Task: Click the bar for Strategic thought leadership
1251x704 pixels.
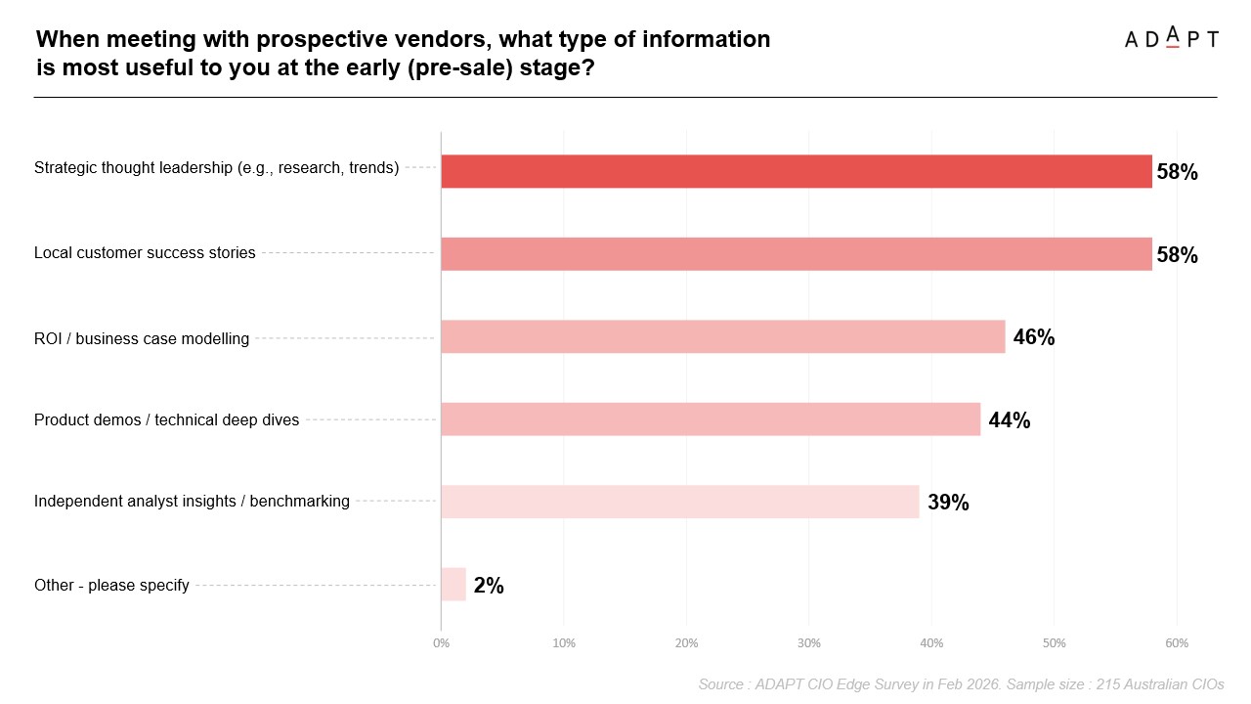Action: [796, 171]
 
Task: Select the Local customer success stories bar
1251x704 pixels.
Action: [796, 254]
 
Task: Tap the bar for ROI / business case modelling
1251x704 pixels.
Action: [722, 336]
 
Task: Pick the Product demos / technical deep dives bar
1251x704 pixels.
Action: [711, 419]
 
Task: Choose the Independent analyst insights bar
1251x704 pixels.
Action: [679, 502]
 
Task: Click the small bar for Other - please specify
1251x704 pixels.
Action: [453, 585]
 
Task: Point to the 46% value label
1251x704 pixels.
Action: [1034, 337]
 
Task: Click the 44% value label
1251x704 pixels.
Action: [1009, 420]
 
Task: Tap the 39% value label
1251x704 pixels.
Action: [948, 503]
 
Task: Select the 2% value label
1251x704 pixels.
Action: [489, 586]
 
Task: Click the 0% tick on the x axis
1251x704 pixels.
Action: [441, 643]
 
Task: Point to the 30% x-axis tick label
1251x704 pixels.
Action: [808, 643]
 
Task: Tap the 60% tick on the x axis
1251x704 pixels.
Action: [1177, 643]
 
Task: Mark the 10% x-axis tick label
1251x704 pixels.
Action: [564, 643]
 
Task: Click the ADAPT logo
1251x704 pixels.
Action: [1171, 38]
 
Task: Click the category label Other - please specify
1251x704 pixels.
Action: [111, 585]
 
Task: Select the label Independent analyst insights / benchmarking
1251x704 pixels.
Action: [192, 502]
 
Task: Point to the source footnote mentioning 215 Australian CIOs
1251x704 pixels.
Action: [961, 684]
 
